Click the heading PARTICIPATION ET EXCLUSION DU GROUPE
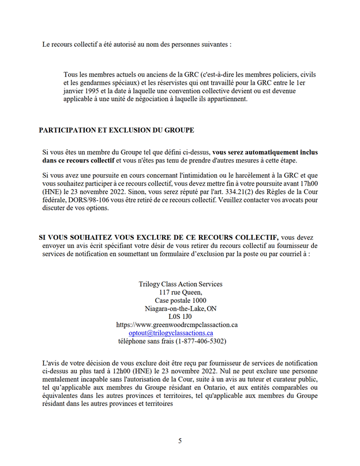click(x=116, y=130)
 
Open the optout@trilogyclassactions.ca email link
click(x=171, y=333)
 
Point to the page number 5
click(x=180, y=441)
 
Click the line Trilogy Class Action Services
click(x=180, y=284)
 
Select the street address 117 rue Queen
click(x=180, y=292)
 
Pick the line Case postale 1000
click(x=180, y=300)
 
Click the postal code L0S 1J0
click(x=180, y=317)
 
